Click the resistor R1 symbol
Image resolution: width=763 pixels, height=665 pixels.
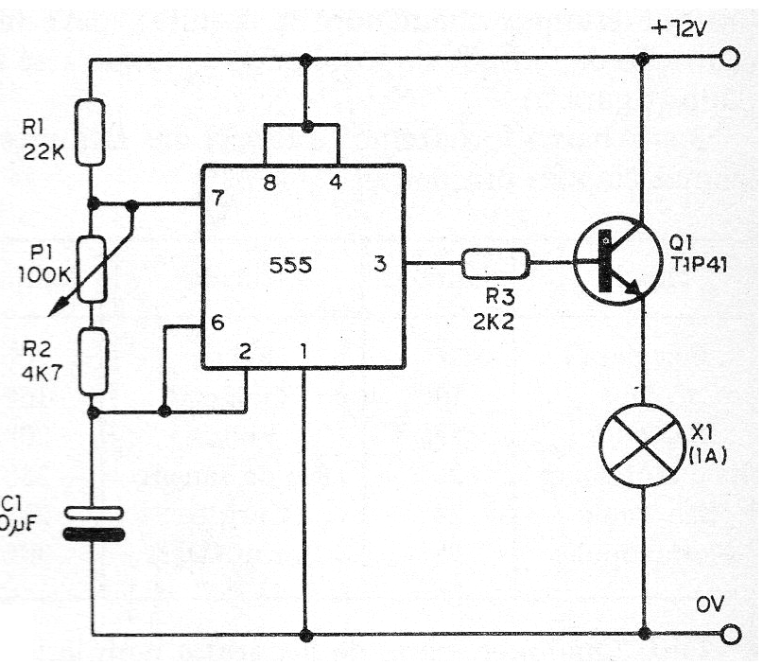[x=93, y=133]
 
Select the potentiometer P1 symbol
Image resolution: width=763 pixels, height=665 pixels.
[x=93, y=269]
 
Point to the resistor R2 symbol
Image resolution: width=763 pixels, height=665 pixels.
[x=93, y=360]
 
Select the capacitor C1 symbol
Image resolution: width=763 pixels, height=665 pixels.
[x=93, y=523]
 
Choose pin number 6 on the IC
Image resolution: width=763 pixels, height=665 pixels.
[x=218, y=323]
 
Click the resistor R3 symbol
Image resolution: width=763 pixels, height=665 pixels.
[x=495, y=264]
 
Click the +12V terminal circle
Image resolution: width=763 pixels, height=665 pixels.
[x=729, y=59]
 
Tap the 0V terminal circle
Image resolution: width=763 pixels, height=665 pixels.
[x=729, y=634]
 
